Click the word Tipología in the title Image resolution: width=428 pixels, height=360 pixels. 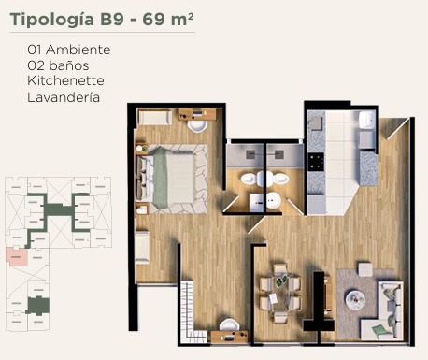tap(52, 20)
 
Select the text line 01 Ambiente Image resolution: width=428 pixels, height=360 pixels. tap(69, 50)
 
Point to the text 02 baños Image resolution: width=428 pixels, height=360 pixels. tap(58, 65)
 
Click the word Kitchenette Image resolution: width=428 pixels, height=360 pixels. tap(65, 80)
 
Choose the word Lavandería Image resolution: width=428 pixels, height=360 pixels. tap(64, 97)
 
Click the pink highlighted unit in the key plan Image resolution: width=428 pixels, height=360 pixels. tap(17, 257)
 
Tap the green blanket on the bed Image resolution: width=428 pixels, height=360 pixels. tap(161, 176)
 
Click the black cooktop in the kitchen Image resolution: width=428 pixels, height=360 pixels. tap(316, 162)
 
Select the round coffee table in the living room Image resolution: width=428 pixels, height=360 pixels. tap(355, 298)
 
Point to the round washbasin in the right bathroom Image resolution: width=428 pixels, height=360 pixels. tap(274, 201)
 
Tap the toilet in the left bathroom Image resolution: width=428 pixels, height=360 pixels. tap(250, 179)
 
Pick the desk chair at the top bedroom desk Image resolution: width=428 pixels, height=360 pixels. tap(197, 126)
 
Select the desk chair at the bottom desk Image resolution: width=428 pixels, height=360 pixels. tap(230, 324)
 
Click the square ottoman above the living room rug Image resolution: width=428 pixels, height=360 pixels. tap(364, 269)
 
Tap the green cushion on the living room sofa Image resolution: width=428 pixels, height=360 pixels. tap(379, 329)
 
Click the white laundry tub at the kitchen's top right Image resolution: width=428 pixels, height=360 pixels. tap(367, 120)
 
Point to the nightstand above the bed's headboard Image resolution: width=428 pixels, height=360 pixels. tap(142, 149)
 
